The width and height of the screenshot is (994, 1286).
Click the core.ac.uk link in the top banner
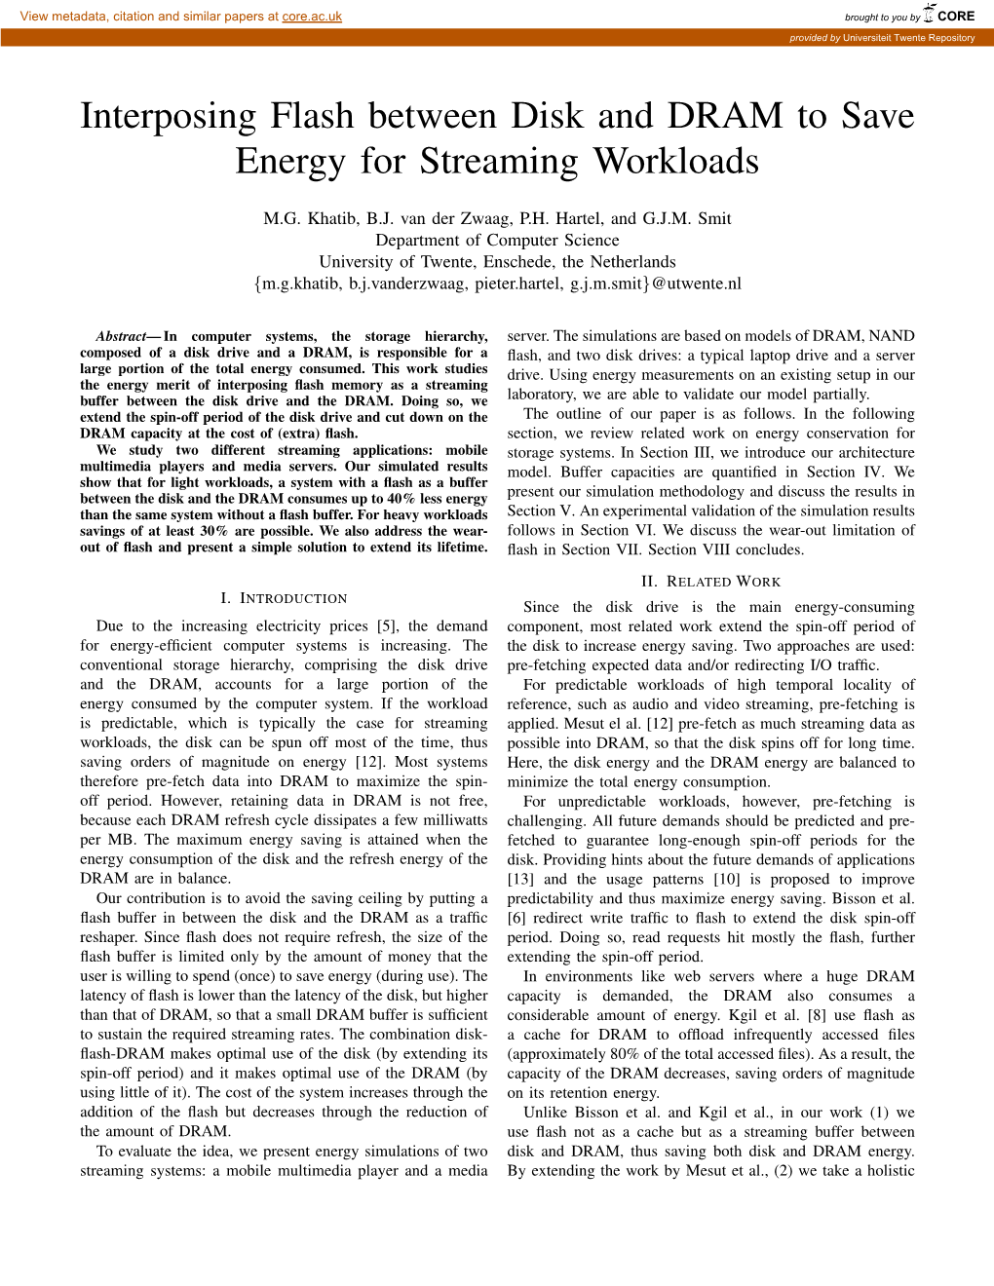(312, 17)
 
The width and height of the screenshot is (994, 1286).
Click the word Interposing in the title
(168, 116)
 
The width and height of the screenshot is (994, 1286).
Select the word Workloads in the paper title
(675, 162)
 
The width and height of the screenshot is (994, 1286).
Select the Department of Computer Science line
(497, 240)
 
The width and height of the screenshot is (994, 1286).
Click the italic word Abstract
(121, 336)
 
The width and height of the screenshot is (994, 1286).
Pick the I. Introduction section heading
(284, 598)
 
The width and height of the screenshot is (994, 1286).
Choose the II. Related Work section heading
(710, 582)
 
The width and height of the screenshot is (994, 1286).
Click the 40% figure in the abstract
(401, 499)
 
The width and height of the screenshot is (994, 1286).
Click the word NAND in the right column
(891, 336)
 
